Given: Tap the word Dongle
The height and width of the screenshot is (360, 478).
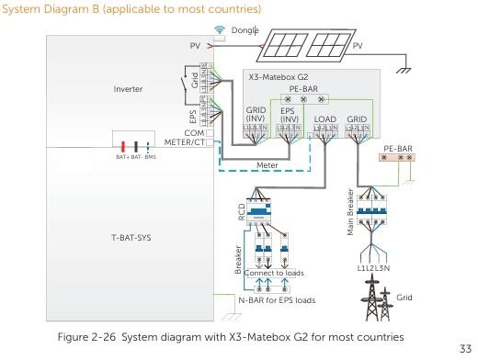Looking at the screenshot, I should tap(242, 29).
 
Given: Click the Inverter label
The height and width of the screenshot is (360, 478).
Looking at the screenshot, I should tap(129, 89).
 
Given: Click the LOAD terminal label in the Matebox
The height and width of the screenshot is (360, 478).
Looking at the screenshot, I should tap(326, 118).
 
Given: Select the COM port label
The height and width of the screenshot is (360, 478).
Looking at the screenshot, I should tap(194, 132).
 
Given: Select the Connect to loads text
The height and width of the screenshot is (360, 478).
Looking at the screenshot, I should tap(274, 273).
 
